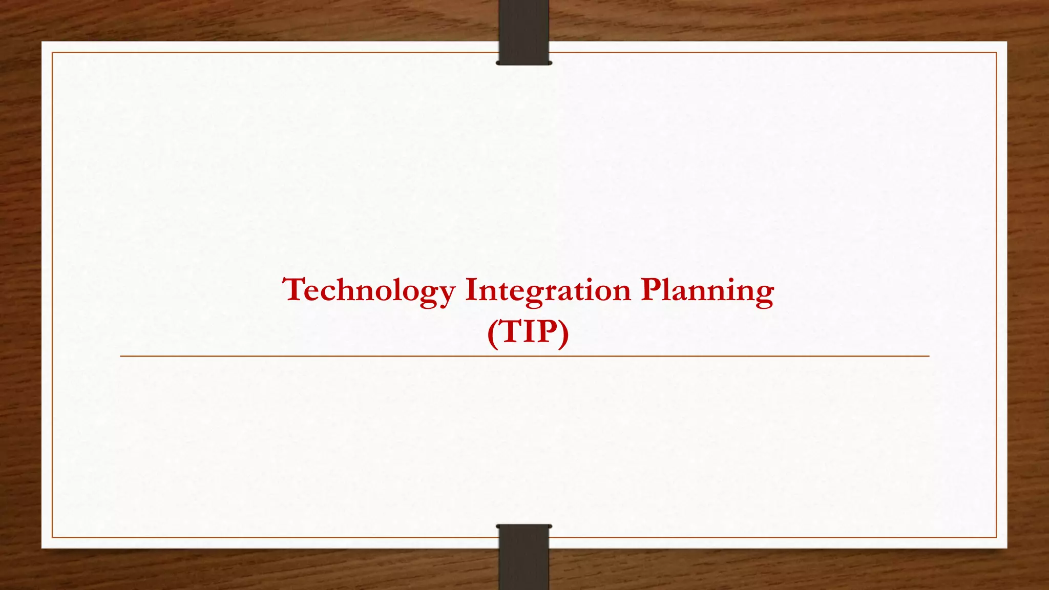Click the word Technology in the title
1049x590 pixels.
tap(369, 290)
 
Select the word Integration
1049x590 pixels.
tap(548, 290)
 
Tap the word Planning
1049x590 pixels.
tap(707, 290)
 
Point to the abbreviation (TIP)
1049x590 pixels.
tap(528, 332)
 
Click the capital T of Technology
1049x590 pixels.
tap(295, 289)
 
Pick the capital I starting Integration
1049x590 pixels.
tap(471, 289)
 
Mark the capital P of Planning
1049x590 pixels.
tap(651, 289)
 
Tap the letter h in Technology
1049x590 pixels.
tap(342, 289)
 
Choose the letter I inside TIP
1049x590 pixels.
tap(530, 332)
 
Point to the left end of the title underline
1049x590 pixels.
tap(121, 356)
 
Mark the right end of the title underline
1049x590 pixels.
tap(928, 356)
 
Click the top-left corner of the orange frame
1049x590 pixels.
tap(52, 52)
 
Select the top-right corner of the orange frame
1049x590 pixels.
tap(996, 52)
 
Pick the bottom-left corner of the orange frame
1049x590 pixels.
tap(52, 537)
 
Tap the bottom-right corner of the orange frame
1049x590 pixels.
tap(996, 537)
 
